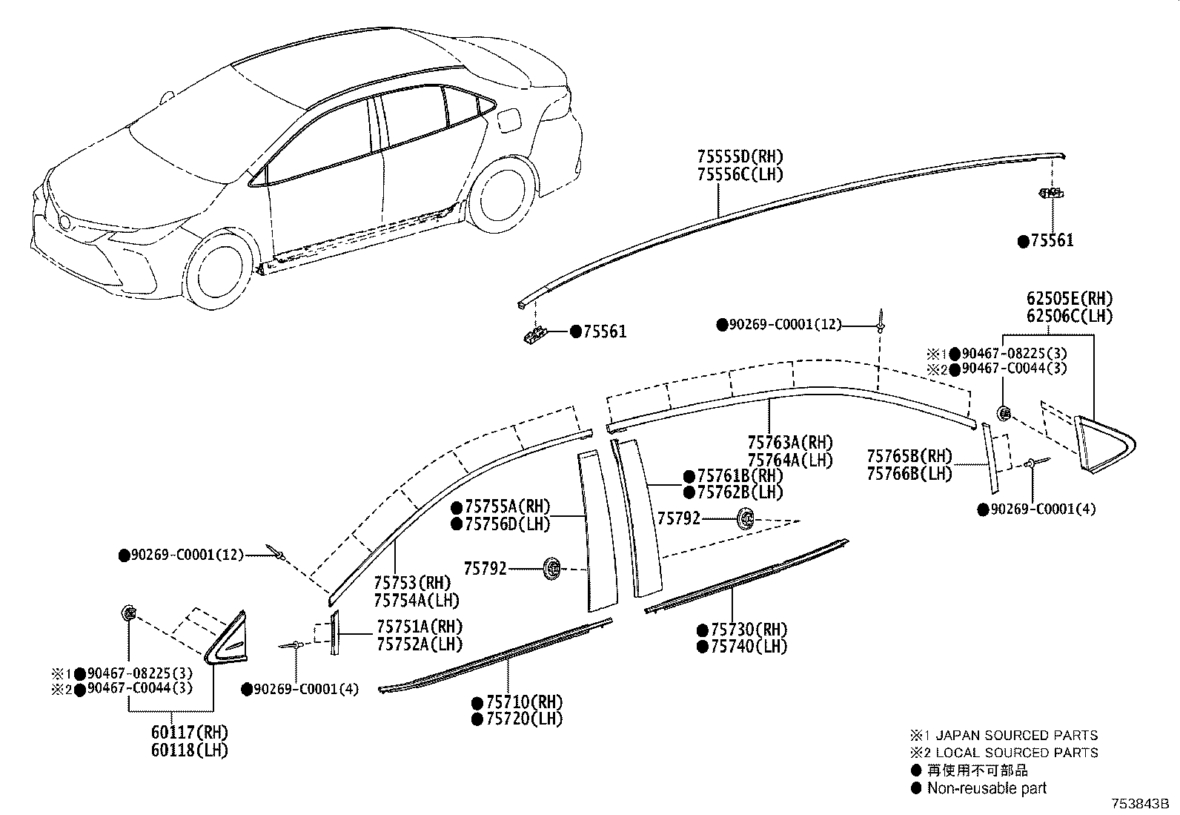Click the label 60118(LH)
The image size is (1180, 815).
tap(189, 750)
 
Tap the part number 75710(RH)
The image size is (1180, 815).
tap(524, 702)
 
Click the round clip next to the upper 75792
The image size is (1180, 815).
tap(746, 519)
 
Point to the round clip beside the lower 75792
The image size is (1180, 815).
tap(551, 569)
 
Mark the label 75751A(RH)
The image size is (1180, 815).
tap(420, 627)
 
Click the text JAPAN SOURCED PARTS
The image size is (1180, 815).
tap(1016, 736)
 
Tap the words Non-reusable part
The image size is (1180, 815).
tap(987, 788)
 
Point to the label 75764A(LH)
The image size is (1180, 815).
tap(790, 460)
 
